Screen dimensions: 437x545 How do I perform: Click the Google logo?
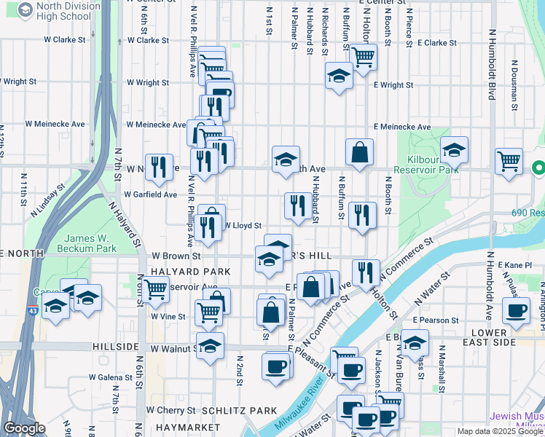tap(24, 428)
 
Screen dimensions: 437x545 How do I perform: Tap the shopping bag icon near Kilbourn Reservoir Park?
tap(360, 153)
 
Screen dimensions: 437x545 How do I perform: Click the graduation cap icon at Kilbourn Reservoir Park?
tap(454, 150)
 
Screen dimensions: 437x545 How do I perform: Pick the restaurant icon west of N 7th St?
tap(159, 167)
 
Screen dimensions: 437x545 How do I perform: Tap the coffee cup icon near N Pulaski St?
tap(517, 310)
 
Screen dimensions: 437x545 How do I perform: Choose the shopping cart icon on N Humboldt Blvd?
tap(509, 160)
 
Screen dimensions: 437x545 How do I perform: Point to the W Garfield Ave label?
tap(150, 195)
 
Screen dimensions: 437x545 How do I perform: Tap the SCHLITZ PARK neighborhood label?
tap(239, 411)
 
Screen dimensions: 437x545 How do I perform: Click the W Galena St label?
tap(110, 377)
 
